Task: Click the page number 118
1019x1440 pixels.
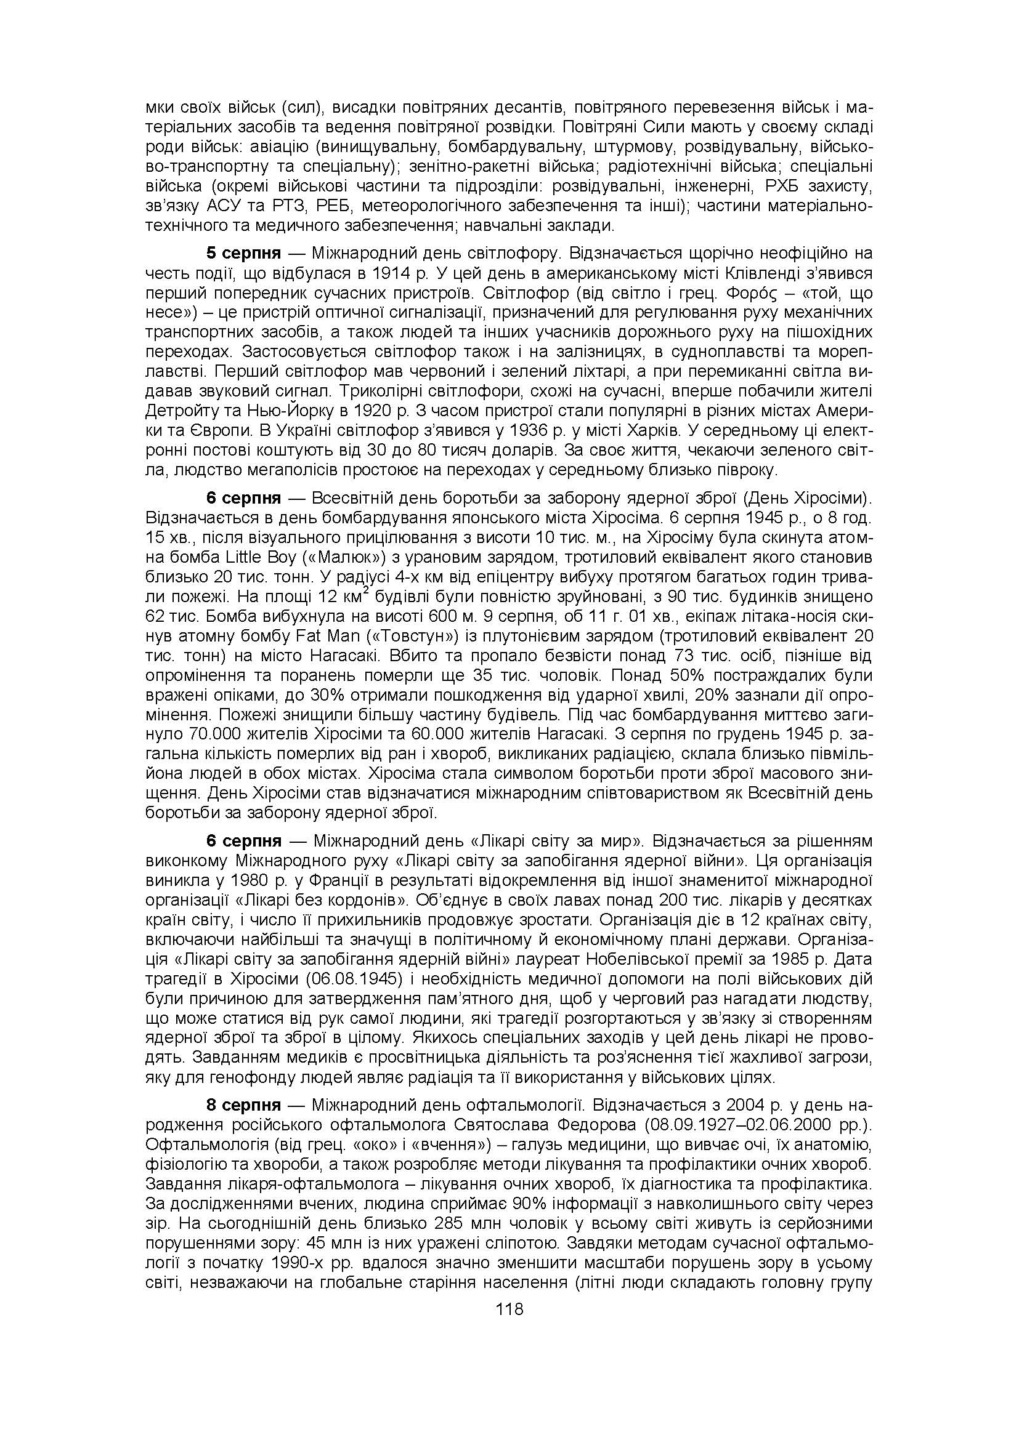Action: point(509,1309)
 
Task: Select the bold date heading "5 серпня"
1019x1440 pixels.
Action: point(243,254)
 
